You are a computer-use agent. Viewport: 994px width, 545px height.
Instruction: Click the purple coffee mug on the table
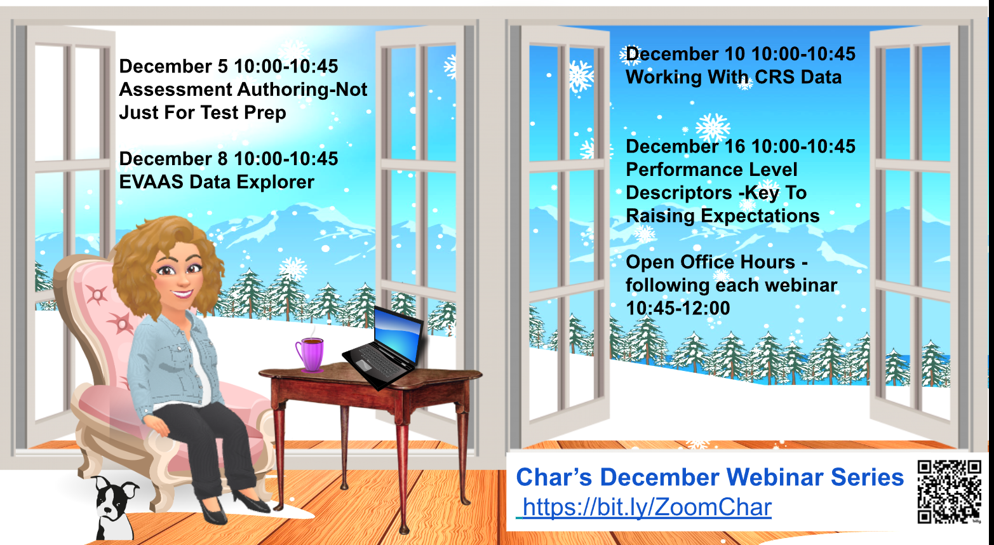[310, 354]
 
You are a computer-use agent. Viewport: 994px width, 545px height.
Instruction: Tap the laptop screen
[398, 333]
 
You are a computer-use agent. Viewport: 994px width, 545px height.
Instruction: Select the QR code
[949, 492]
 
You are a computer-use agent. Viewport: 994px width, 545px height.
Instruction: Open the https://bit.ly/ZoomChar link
[647, 508]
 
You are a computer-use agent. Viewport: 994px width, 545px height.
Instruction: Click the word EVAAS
[151, 182]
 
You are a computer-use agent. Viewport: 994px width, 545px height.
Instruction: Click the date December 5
[173, 67]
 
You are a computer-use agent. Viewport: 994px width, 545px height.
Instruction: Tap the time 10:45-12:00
[678, 308]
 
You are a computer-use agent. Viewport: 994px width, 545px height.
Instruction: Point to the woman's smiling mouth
[182, 293]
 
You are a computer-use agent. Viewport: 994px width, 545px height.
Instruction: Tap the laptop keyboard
[382, 361]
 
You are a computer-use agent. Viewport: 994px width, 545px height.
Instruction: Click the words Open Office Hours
[710, 262]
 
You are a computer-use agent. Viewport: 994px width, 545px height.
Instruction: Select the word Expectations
[760, 216]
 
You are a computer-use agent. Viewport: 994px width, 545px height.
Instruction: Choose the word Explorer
[275, 182]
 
